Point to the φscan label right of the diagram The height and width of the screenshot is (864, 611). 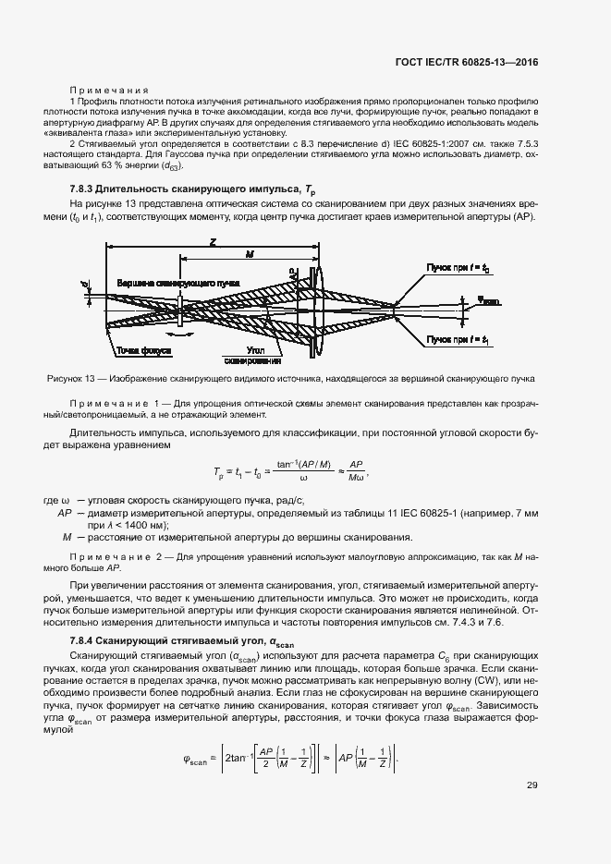(x=489, y=300)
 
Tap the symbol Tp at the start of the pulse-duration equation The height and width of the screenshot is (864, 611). (x=220, y=471)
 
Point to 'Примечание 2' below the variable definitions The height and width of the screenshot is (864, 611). (x=116, y=556)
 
